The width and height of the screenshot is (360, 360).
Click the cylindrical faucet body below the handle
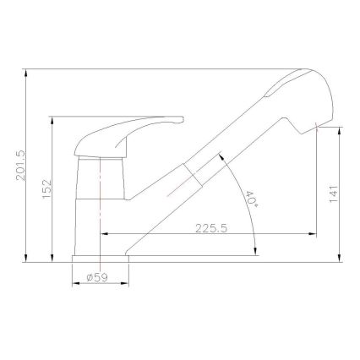click(x=101, y=203)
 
